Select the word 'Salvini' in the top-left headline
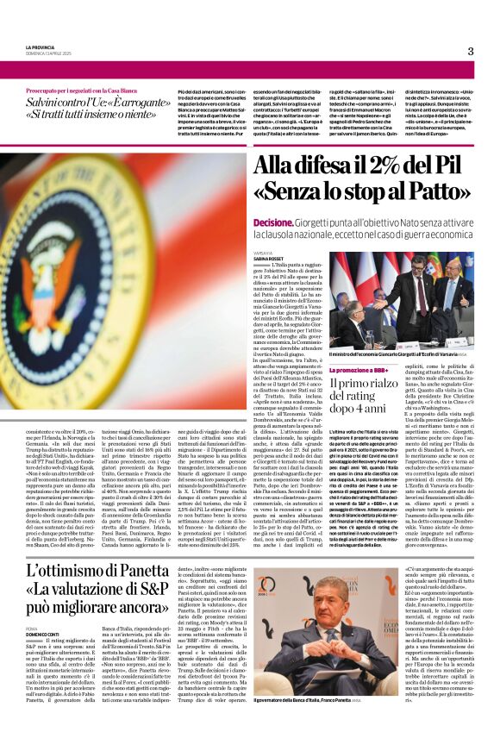click(x=45, y=102)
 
